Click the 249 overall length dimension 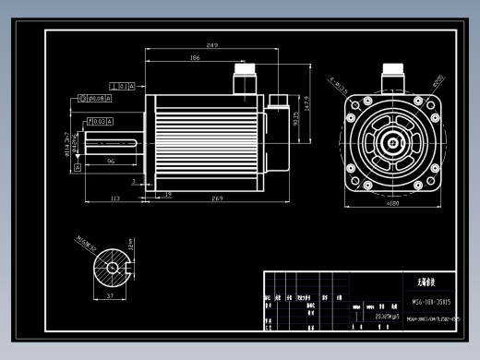pos(212,44)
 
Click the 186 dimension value pos(195,57)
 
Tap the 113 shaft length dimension pos(115,198)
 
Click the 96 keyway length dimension pos(111,161)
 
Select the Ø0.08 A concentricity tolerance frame pos(97,97)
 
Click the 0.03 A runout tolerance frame pos(99,121)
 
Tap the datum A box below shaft pos(78,167)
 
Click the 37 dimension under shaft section pos(112,295)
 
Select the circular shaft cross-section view pos(112,268)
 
